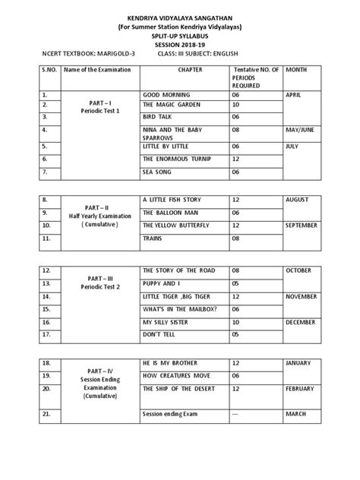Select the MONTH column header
[x=296, y=70]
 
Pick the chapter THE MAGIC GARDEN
[x=170, y=104]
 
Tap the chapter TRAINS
[x=154, y=238]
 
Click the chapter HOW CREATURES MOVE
[x=175, y=375]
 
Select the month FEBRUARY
[x=302, y=388]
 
